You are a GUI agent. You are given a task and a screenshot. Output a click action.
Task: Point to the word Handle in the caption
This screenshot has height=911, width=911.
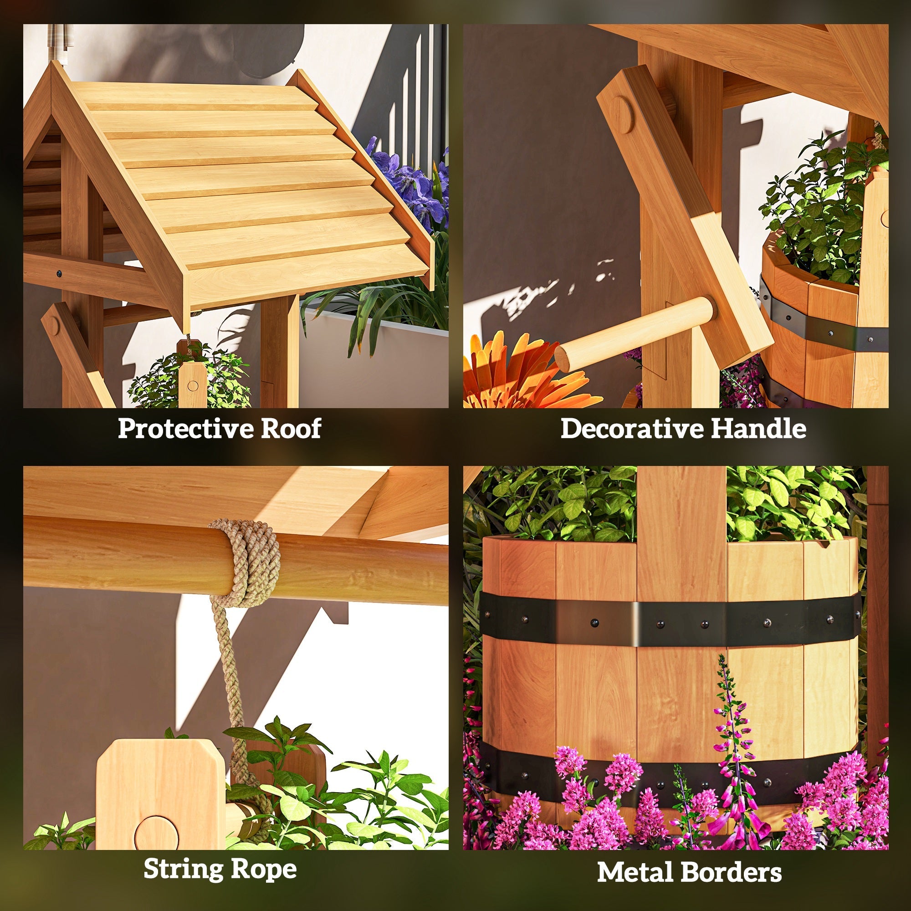coord(758,428)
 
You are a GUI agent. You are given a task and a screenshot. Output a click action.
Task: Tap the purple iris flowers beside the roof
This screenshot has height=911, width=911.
coord(410,184)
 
